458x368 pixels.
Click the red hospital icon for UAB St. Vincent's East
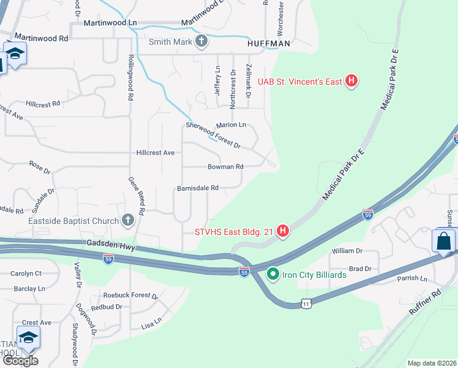[351, 80]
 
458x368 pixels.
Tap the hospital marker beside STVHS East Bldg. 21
[283, 231]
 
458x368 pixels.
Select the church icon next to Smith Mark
[201, 42]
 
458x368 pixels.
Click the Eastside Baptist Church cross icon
[128, 220]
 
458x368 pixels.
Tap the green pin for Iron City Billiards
[273, 274]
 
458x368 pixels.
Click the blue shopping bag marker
[444, 241]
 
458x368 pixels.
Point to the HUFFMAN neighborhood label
[268, 44]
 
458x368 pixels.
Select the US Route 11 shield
[306, 303]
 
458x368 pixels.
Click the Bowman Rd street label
[225, 166]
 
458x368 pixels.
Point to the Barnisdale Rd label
[198, 188]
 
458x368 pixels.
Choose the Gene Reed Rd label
[136, 196]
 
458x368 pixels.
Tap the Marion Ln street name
[231, 125]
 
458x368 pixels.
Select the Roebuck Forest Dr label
[130, 296]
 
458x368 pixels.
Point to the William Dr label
[347, 251]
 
